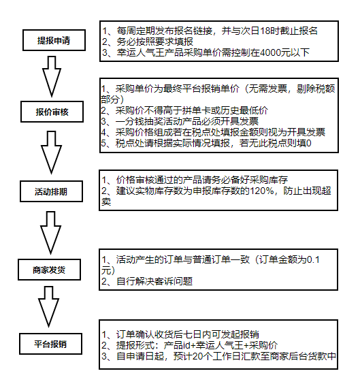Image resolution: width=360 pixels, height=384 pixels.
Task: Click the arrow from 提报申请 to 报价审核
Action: tap(52, 76)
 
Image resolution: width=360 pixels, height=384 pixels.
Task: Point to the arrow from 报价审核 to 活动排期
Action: tap(52, 153)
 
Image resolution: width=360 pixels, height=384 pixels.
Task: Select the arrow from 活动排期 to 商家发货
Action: tap(50, 233)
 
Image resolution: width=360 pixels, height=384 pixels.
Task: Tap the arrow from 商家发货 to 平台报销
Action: tap(49, 306)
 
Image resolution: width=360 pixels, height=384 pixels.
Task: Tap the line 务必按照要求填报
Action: tap(148, 42)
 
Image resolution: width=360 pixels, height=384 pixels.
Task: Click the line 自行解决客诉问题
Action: tap(147, 281)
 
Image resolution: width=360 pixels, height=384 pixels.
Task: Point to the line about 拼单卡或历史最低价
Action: tap(184, 110)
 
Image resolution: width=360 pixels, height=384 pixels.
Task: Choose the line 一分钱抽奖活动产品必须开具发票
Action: tap(180, 121)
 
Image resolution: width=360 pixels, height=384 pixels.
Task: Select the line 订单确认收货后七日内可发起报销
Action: tap(180, 334)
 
